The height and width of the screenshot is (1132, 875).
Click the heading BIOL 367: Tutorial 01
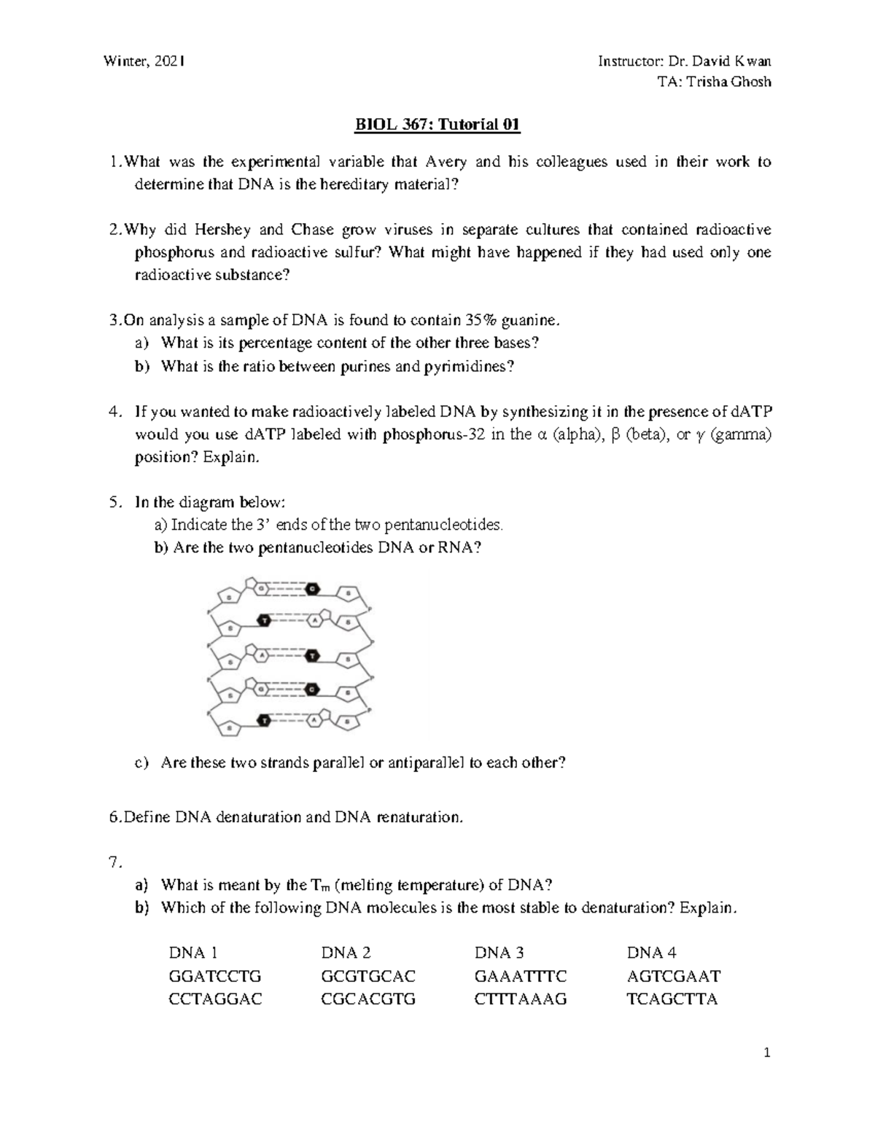coord(437,125)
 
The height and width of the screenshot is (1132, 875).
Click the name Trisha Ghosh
coord(731,82)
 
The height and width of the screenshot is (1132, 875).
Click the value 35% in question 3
coord(481,320)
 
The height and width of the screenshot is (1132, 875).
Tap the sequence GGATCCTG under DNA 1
coord(214,976)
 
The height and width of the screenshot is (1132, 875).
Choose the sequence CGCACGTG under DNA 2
coord(368,999)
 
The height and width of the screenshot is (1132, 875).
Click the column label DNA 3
coord(499,953)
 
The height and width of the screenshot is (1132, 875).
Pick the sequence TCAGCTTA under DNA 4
coord(672,999)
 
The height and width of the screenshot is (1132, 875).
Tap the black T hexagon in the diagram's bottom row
coord(264,720)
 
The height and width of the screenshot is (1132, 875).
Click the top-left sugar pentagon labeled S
coord(229,596)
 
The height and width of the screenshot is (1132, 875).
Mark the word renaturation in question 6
coord(419,817)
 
